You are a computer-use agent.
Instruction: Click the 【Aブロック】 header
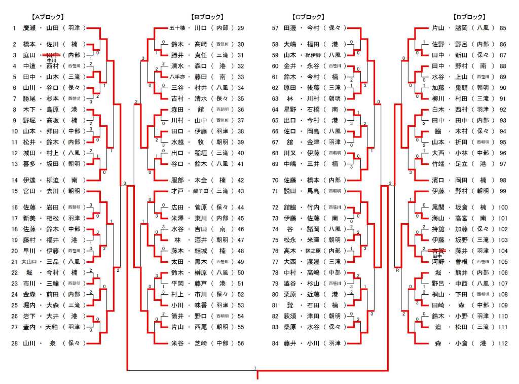coord(47,17)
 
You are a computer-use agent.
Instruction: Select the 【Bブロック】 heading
coord(207,17)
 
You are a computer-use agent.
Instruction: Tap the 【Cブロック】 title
coord(309,17)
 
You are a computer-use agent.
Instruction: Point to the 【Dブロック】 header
coord(469,17)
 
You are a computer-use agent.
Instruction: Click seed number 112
coord(503,343)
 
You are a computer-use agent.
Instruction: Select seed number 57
coord(276,28)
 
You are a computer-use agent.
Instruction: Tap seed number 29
coord(241,28)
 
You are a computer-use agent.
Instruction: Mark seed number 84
coord(276,343)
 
